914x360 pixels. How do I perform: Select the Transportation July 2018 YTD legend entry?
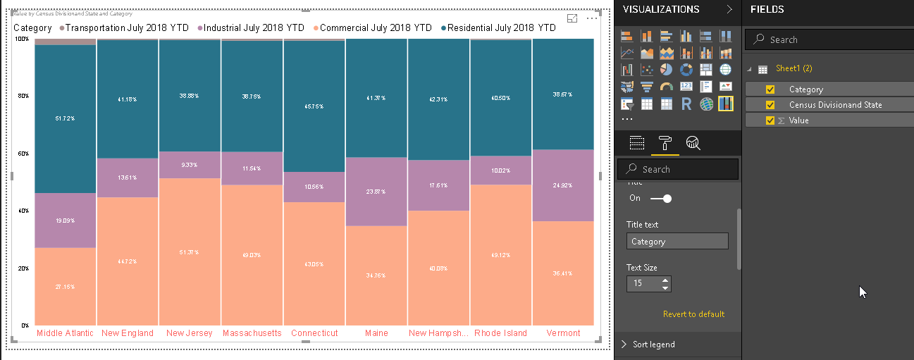pyautogui.click(x=127, y=28)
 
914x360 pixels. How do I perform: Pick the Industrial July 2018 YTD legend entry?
pyautogui.click(x=254, y=28)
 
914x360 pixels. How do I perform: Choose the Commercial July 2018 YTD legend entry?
pyautogui.click(x=376, y=28)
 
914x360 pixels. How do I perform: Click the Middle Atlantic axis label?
pyautogui.click(x=65, y=333)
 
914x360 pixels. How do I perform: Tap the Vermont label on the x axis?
pyautogui.click(x=563, y=333)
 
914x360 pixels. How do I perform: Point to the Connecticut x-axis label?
pyautogui.click(x=314, y=333)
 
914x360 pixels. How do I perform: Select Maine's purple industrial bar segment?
pyautogui.click(x=376, y=192)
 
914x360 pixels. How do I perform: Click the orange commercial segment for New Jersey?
pyautogui.click(x=190, y=252)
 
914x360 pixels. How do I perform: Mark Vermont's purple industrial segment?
pyautogui.click(x=563, y=185)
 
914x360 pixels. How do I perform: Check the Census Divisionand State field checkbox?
pyautogui.click(x=770, y=105)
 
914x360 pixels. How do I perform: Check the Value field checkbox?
pyautogui.click(x=770, y=120)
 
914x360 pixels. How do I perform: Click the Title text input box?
pyautogui.click(x=677, y=242)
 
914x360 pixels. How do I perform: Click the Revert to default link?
pyautogui.click(x=693, y=314)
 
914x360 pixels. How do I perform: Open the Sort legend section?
pyautogui.click(x=653, y=345)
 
